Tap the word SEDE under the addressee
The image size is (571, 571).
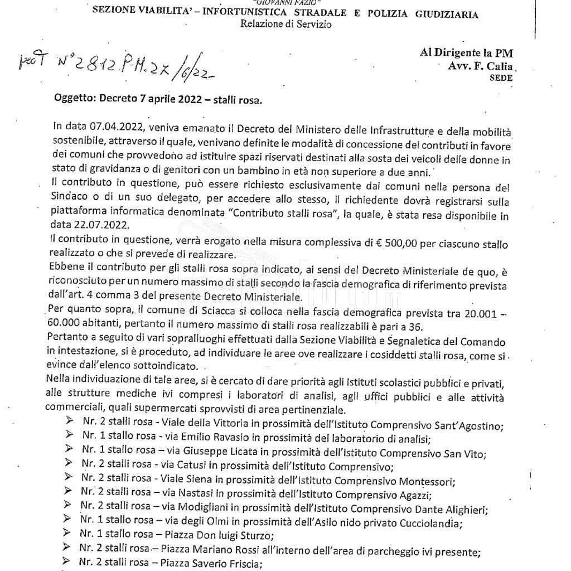pyautogui.click(x=501, y=79)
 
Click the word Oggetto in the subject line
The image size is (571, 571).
pyautogui.click(x=75, y=100)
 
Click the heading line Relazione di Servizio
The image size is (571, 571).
pyautogui.click(x=286, y=25)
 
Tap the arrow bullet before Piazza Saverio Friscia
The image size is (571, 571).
pyautogui.click(x=66, y=562)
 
